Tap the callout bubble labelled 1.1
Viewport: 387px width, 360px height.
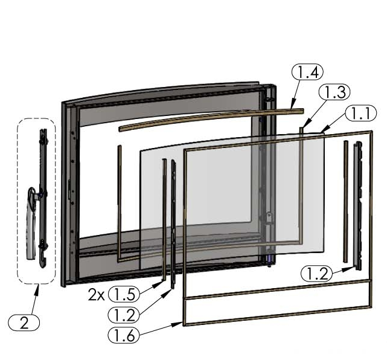pos(361,112)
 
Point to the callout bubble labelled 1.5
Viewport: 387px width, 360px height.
pos(123,295)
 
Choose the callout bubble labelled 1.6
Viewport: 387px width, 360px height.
pos(123,333)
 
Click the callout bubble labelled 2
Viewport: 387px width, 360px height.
pos(24,323)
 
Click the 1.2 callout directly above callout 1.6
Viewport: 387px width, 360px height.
pos(123,314)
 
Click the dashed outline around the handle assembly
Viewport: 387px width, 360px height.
pos(19,199)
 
